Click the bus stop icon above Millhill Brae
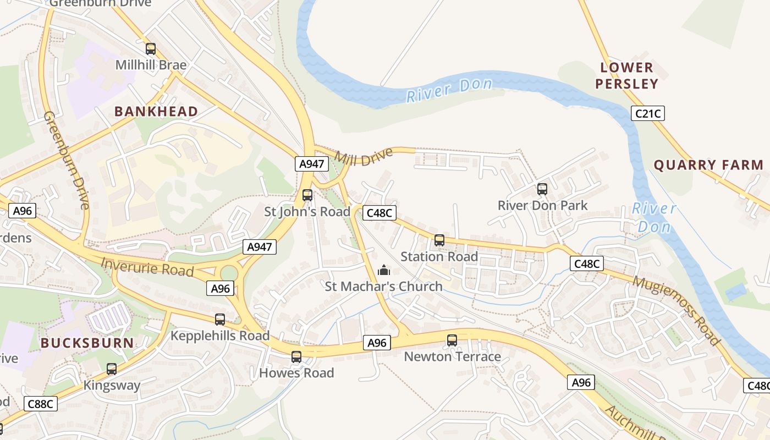point(151,49)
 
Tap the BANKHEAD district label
point(156,112)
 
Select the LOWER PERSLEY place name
point(626,76)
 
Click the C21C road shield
point(648,114)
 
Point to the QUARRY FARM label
point(708,165)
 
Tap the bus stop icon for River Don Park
point(542,189)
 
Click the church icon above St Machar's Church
point(384,270)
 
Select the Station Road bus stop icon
point(439,240)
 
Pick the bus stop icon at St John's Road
point(307,195)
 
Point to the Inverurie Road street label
point(147,267)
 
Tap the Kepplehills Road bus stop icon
point(220,320)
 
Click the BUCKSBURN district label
point(87,343)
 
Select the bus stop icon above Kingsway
point(112,369)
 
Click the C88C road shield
point(41,404)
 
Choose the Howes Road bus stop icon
point(296,357)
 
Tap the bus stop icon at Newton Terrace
point(452,340)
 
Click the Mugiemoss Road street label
point(676,310)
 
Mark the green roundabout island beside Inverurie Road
point(228,273)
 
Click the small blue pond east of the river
point(736,291)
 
